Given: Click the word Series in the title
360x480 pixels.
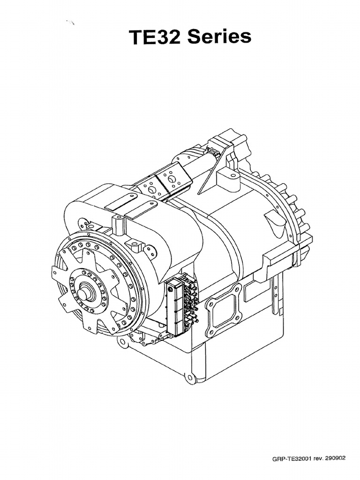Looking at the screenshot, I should click(x=219, y=37).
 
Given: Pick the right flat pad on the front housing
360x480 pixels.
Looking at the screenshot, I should click(x=140, y=210).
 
